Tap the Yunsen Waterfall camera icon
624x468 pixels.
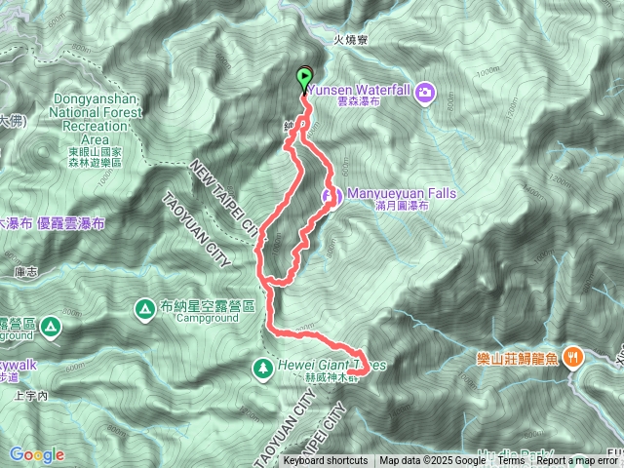click(424, 94)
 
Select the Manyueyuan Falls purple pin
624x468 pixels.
click(331, 197)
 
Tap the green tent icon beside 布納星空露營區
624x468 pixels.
click(144, 308)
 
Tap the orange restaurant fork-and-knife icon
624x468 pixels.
click(575, 357)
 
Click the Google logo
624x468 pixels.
click(37, 454)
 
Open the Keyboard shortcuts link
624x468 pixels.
click(326, 461)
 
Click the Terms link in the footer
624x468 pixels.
click(511, 461)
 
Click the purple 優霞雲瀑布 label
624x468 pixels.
click(74, 223)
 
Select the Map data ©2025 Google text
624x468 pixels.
click(432, 461)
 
